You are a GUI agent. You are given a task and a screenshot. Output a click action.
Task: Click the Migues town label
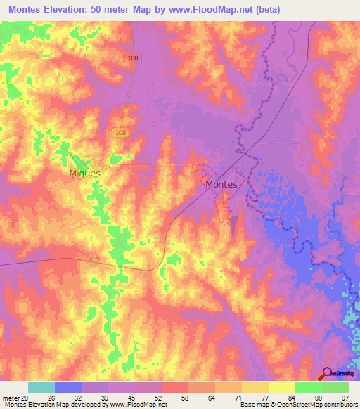[85, 173]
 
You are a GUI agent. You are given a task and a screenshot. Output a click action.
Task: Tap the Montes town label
[221, 185]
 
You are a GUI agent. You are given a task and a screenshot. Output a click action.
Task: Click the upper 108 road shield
[134, 58]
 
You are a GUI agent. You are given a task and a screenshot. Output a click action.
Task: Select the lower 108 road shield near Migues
[122, 132]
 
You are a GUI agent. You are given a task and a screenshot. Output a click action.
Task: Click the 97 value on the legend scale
[344, 396]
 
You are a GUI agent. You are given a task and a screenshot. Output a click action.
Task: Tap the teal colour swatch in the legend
[41, 387]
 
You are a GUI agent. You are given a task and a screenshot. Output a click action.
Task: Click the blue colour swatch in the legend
[68, 387]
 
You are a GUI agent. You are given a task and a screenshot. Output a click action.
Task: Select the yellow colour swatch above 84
[282, 387]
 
